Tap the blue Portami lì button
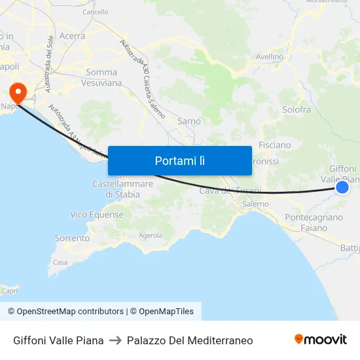(x=179, y=160)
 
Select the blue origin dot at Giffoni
(x=342, y=188)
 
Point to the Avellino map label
(x=269, y=57)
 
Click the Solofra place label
(x=296, y=109)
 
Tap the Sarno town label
(x=189, y=121)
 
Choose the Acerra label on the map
(x=72, y=36)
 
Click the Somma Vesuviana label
(x=101, y=78)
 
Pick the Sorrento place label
(x=72, y=238)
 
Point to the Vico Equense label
(x=97, y=215)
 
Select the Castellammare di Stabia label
(x=122, y=189)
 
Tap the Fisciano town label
(x=274, y=145)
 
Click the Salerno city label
(x=255, y=204)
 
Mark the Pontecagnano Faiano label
(x=314, y=223)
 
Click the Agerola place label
(x=151, y=235)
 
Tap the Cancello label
(x=96, y=12)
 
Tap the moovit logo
(x=320, y=339)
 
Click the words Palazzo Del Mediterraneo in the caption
(x=190, y=340)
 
